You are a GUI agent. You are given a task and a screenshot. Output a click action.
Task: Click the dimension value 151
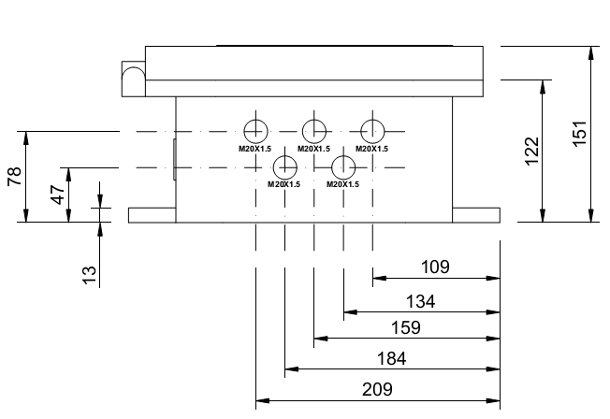(x=579, y=134)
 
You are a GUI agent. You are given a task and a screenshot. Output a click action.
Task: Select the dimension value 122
(x=531, y=152)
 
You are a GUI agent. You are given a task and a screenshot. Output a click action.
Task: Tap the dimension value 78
(x=14, y=176)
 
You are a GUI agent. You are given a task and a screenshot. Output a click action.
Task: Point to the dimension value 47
(x=58, y=195)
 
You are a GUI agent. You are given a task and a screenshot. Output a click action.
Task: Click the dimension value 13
(x=89, y=275)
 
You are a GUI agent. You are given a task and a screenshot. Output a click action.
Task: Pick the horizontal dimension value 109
(x=435, y=267)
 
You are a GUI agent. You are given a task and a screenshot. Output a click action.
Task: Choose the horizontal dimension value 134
(x=420, y=301)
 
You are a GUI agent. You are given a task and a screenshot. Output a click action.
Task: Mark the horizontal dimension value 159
(x=406, y=327)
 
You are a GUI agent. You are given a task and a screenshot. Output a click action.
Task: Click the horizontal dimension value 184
(x=392, y=358)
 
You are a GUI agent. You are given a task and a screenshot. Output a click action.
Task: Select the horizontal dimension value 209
(x=377, y=389)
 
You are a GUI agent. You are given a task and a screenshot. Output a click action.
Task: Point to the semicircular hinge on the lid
(x=134, y=67)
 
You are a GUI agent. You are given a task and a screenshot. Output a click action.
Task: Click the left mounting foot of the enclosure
(x=152, y=215)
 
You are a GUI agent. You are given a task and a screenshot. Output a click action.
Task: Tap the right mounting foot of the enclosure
(x=476, y=215)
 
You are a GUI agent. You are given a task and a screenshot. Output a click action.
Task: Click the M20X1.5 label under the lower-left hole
(x=284, y=184)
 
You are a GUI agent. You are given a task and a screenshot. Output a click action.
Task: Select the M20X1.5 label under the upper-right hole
(x=372, y=149)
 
